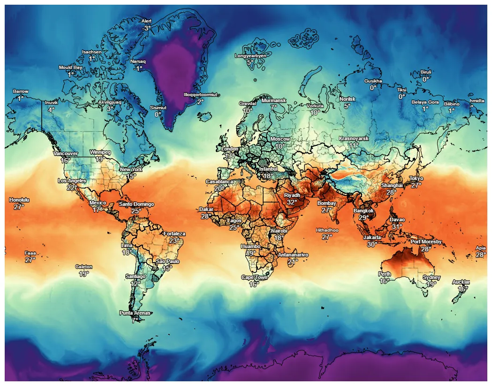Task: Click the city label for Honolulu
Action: coord(19,200)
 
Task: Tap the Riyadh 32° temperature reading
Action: coord(292,203)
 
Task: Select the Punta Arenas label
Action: coord(135,313)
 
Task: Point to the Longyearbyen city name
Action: coord(250,56)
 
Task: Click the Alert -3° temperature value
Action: coord(146,29)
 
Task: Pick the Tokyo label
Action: coord(416,179)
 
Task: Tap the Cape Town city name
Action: coord(254,278)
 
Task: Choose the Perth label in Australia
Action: coord(384,274)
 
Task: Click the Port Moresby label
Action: coord(426,242)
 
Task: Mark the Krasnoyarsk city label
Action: coord(354,139)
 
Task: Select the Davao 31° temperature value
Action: coord(397,227)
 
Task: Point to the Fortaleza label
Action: coord(174,234)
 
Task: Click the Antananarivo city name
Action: coord(293,255)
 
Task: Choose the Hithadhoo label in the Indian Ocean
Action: coord(327,230)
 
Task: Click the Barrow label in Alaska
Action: coord(20,91)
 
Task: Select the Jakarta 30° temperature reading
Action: coord(372,244)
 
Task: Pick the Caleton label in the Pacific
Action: coord(83,267)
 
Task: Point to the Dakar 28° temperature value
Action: coord(206,216)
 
